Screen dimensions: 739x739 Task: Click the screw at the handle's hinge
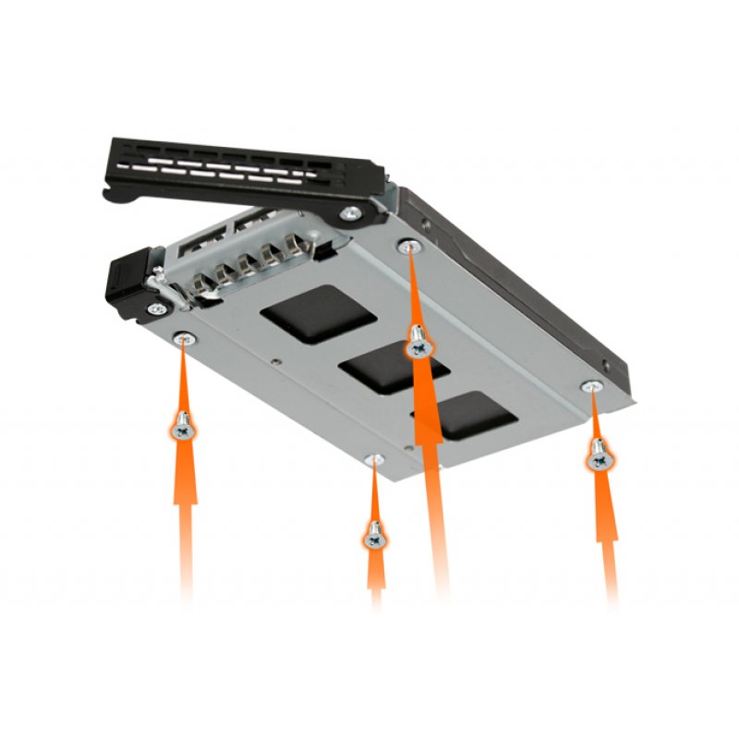(350, 213)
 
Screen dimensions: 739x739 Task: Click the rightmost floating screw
(600, 454)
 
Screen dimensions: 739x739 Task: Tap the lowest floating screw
(375, 535)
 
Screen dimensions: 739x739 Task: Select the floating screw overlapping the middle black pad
(418, 344)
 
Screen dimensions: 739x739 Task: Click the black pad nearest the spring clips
(317, 314)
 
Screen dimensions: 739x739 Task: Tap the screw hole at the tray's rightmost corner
(591, 385)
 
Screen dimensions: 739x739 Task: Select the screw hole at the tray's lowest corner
(373, 459)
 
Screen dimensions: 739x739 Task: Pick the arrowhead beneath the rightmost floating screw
(605, 517)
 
